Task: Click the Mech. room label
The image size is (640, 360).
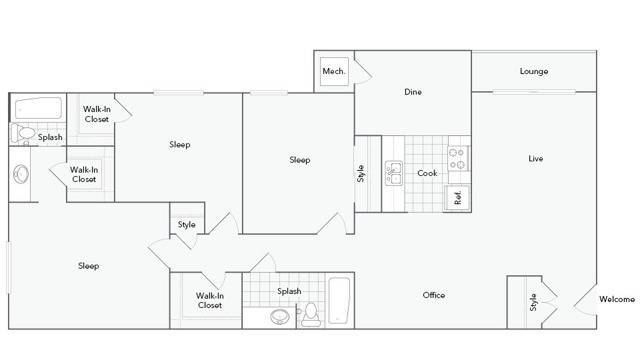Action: [x=334, y=71]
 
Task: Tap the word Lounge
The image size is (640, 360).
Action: [x=534, y=71]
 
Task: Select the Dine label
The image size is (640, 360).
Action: [x=413, y=92]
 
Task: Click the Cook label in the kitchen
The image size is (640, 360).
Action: [x=427, y=173]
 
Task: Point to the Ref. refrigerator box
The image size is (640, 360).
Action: [x=457, y=198]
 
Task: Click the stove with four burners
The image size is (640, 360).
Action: [x=458, y=158]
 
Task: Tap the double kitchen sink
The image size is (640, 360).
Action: [x=394, y=173]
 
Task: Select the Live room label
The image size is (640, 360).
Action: [x=536, y=158]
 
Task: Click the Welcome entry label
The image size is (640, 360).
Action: [x=617, y=299]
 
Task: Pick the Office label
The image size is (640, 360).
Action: [x=434, y=295]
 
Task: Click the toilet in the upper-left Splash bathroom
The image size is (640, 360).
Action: [x=23, y=133]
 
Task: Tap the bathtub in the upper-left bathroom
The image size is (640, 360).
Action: [x=38, y=108]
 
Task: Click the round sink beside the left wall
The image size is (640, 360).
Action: [x=21, y=174]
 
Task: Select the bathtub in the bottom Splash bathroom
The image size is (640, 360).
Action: [x=339, y=300]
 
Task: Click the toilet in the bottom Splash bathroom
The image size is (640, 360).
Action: [x=311, y=315]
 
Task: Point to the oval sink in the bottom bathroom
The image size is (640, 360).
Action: [x=280, y=316]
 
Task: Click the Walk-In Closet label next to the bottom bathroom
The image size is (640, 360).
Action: [x=210, y=300]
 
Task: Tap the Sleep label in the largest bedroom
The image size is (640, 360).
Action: [x=89, y=266]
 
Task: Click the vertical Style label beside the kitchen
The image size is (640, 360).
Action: [x=361, y=173]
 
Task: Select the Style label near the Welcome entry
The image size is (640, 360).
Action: [x=533, y=302]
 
